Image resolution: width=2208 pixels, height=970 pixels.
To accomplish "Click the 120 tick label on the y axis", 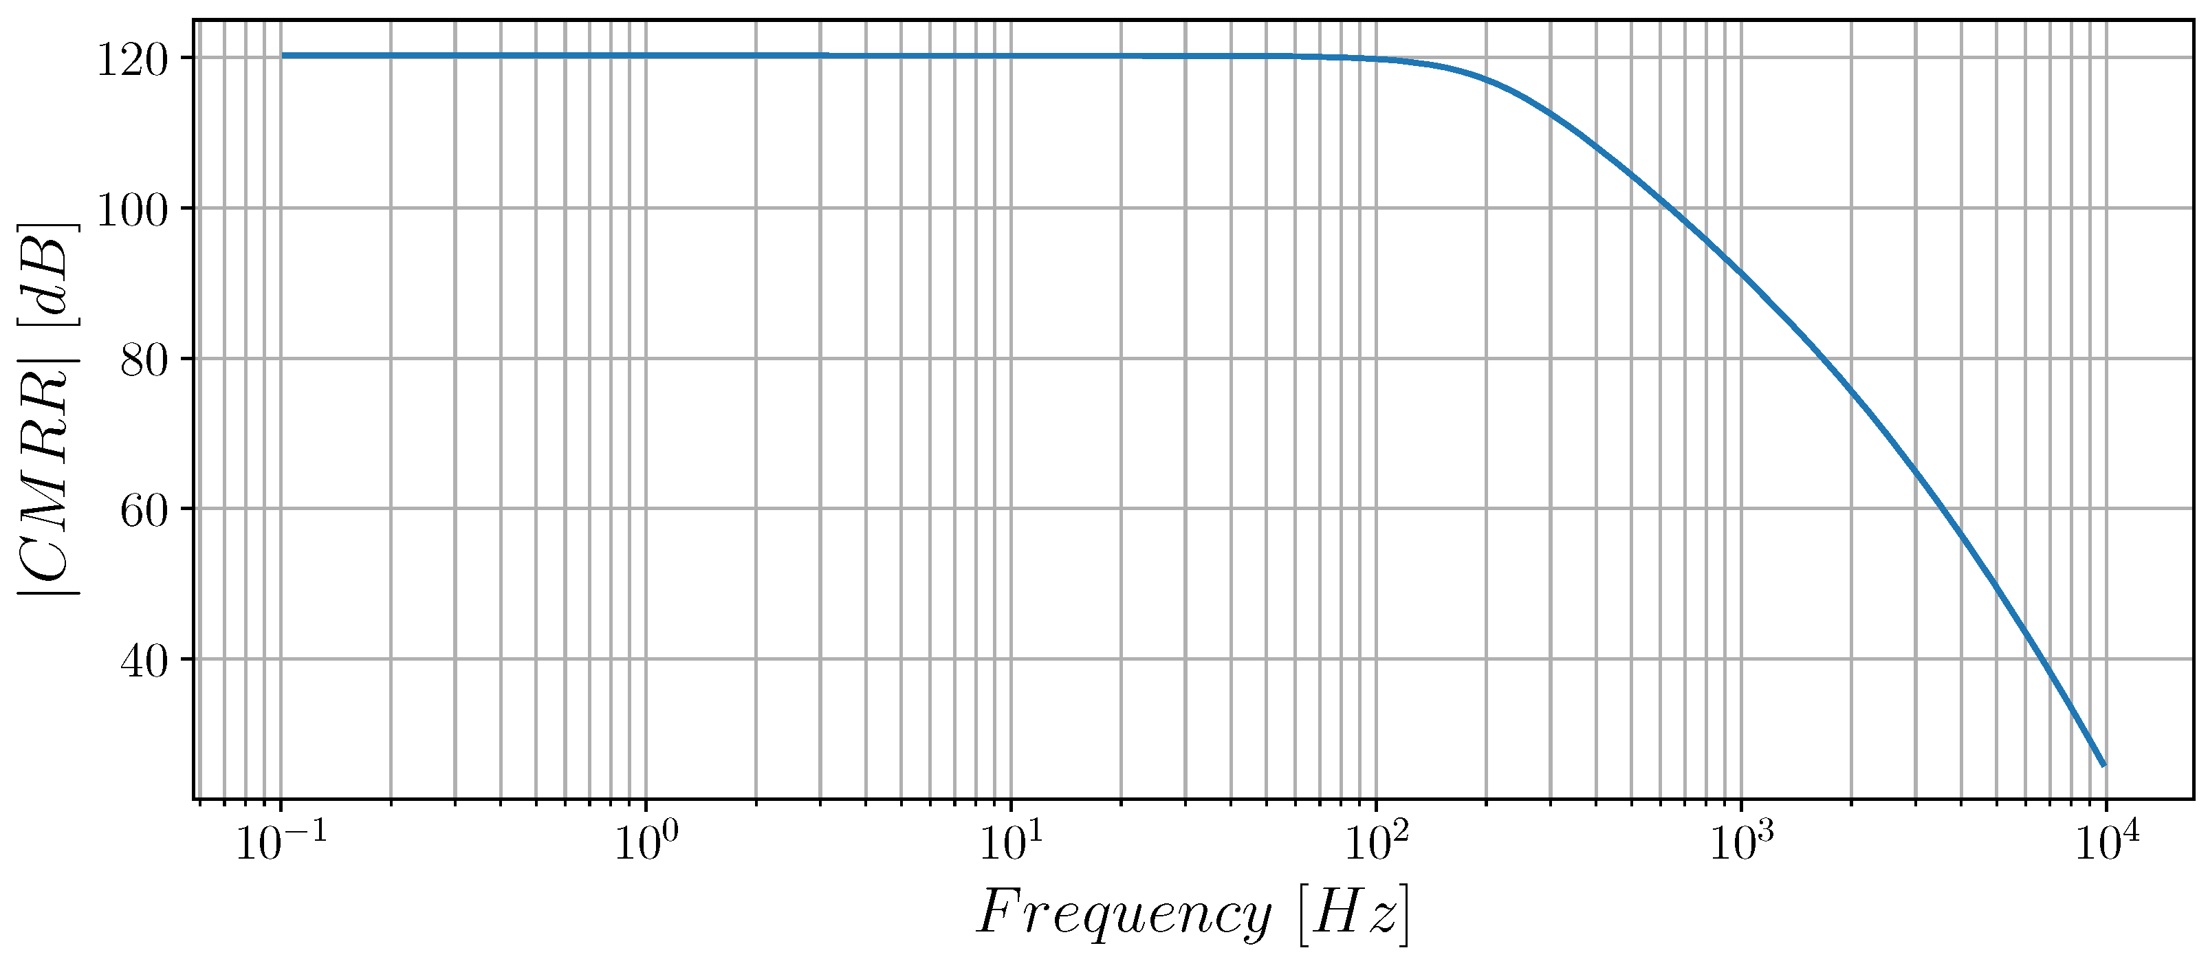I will click(x=130, y=60).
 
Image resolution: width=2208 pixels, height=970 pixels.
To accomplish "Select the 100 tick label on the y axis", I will click(x=130, y=210).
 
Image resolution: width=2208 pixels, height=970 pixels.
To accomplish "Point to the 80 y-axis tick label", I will click(x=143, y=361).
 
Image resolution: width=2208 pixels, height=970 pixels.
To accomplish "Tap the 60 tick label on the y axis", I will click(x=143, y=511).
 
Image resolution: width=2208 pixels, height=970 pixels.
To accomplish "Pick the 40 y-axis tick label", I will click(x=143, y=661).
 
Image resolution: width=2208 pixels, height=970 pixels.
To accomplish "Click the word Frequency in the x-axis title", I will click(x=1124, y=915).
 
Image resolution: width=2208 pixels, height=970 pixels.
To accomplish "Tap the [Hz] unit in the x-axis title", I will click(x=1354, y=915).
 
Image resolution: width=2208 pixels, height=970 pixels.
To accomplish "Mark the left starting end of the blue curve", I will click(x=282, y=56).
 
